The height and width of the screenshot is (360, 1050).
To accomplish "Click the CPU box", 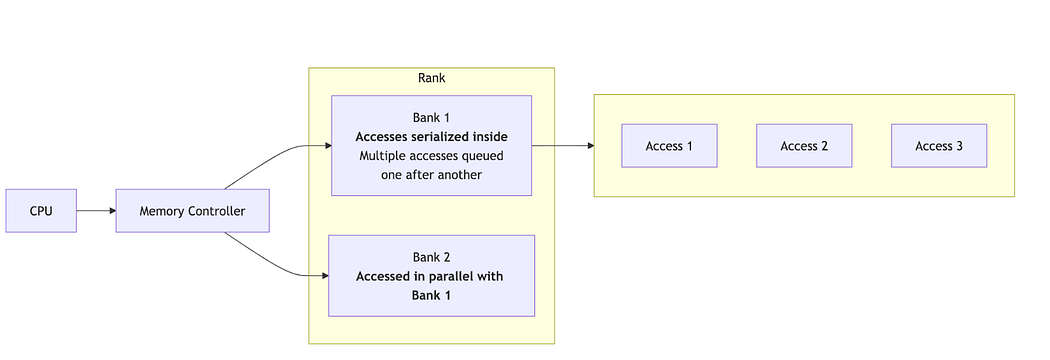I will tap(41, 211).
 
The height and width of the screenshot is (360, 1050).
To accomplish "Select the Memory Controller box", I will tap(194, 211).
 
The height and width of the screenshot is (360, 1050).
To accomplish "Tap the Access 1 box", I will tap(669, 146).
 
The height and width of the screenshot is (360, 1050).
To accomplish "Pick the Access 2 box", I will tap(804, 146).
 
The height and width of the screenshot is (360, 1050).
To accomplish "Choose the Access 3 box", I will tap(939, 146).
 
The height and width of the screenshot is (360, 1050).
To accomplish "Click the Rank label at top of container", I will tap(431, 79).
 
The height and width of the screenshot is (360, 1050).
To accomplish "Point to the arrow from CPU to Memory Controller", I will tap(96, 211).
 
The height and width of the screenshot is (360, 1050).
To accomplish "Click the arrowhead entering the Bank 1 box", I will tap(326, 146).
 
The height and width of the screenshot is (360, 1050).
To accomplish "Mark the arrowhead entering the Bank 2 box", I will tap(323, 275).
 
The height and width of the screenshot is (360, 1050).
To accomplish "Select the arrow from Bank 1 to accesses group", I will tap(562, 146).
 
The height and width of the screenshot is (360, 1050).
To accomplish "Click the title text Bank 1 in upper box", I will tap(431, 118).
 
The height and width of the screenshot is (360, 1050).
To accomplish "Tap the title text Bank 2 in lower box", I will tap(431, 256).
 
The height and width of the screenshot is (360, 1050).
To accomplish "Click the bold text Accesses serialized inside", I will tap(431, 137).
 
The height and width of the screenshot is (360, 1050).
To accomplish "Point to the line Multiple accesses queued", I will tap(431, 156).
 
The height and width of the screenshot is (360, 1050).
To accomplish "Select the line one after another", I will tap(431, 175).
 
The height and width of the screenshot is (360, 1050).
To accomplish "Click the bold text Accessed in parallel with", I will tap(431, 276).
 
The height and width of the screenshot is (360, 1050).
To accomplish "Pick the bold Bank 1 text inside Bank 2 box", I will tap(431, 295).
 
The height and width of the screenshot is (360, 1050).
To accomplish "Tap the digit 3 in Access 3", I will tap(959, 146).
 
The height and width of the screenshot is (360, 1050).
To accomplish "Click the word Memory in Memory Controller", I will tap(163, 211).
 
